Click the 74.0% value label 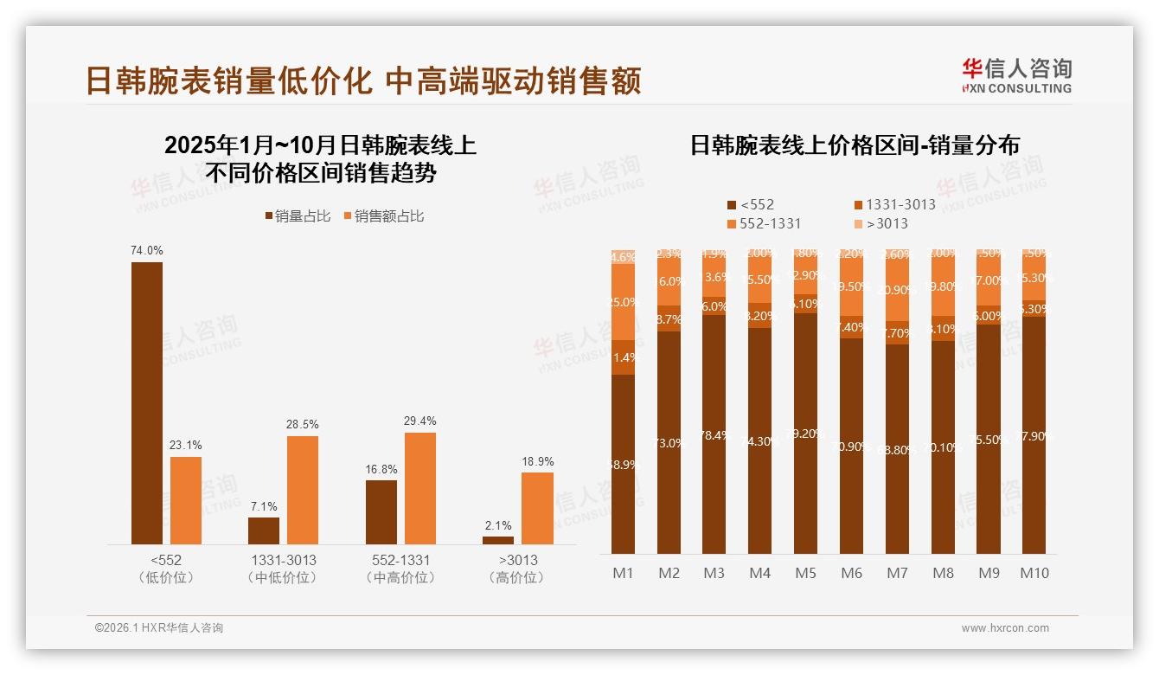[147, 251]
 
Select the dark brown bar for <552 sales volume [147, 402]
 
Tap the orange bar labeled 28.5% [303, 490]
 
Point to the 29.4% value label [419, 421]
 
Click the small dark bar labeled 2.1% [498, 540]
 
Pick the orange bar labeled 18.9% [537, 508]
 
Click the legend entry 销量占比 [298, 216]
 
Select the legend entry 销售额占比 [384, 216]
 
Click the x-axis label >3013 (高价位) [518, 568]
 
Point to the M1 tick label [623, 573]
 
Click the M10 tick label [1034, 573]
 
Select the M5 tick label [805, 573]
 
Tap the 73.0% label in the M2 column [669, 443]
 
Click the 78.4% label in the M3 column [714, 435]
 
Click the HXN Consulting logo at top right [1016, 75]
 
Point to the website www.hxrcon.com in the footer [1004, 628]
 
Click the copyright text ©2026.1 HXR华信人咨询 [159, 628]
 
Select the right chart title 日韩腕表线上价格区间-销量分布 [854, 145]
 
